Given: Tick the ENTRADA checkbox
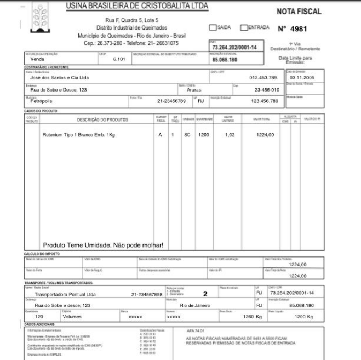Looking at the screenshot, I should click(x=244, y=27).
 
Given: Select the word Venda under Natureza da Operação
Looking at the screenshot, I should click(x=38, y=59).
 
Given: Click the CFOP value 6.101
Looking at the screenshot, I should click(x=119, y=59).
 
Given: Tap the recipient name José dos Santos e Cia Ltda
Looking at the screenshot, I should click(x=59, y=78).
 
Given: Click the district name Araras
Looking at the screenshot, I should click(x=194, y=90).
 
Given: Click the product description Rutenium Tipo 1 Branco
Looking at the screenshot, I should click(x=79, y=134).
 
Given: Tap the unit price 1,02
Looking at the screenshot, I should click(x=230, y=134).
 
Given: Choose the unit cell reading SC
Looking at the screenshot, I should click(x=187, y=134).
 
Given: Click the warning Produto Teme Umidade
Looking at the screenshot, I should click(x=104, y=245).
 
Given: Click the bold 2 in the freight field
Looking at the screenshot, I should click(x=205, y=294).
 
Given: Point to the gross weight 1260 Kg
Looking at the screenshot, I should click(x=253, y=317).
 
